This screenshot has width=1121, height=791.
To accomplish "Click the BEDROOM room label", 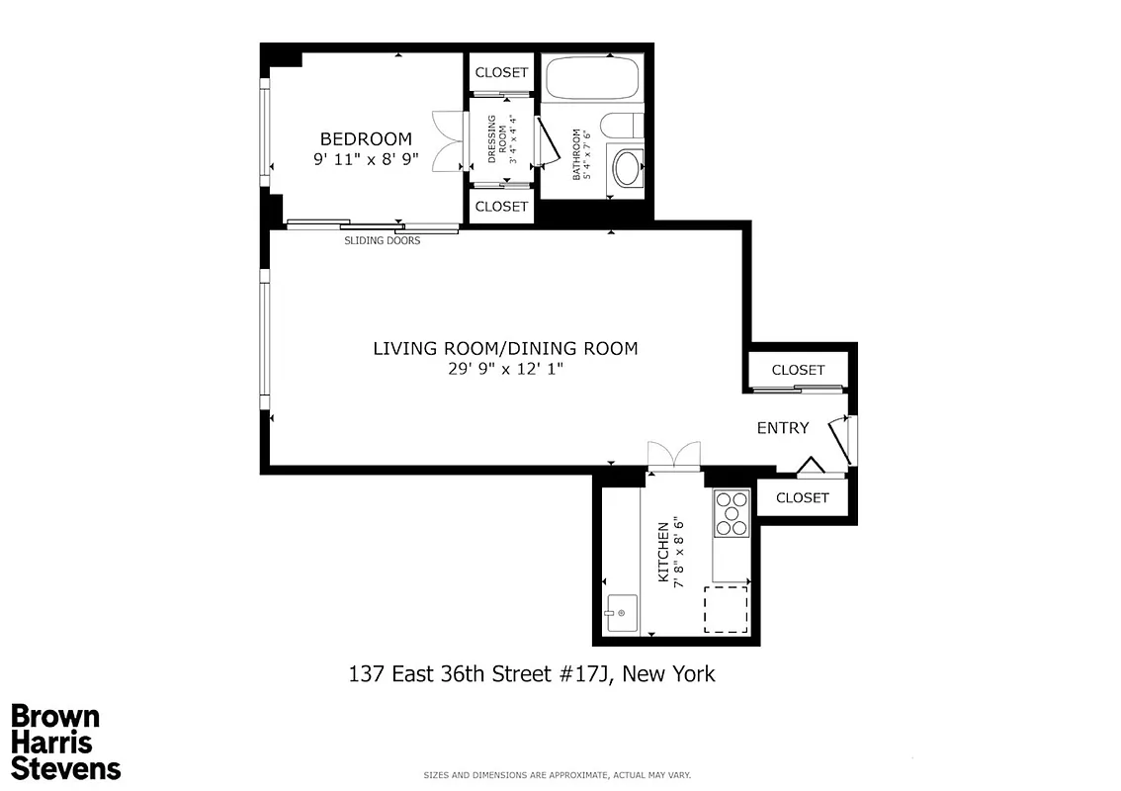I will click(x=365, y=139).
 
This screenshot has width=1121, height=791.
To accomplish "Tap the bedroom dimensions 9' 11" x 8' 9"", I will click(x=365, y=159).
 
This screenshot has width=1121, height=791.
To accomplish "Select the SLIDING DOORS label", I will click(x=382, y=240).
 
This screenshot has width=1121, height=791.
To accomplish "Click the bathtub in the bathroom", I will click(x=591, y=78).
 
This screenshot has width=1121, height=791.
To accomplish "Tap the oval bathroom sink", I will click(x=626, y=167).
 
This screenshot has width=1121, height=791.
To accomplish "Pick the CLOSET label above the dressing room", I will click(x=501, y=73).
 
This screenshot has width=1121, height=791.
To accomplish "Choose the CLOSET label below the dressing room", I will click(x=501, y=207).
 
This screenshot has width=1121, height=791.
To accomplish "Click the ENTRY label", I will click(x=783, y=428).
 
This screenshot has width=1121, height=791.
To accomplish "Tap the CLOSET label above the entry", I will click(x=798, y=370).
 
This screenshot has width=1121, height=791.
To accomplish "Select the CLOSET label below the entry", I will click(x=802, y=497).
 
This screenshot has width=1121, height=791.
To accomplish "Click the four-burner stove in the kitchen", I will click(x=732, y=514).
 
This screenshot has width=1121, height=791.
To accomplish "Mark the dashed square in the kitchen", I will click(x=725, y=610).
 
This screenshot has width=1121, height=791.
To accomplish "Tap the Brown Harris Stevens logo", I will click(x=65, y=742).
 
